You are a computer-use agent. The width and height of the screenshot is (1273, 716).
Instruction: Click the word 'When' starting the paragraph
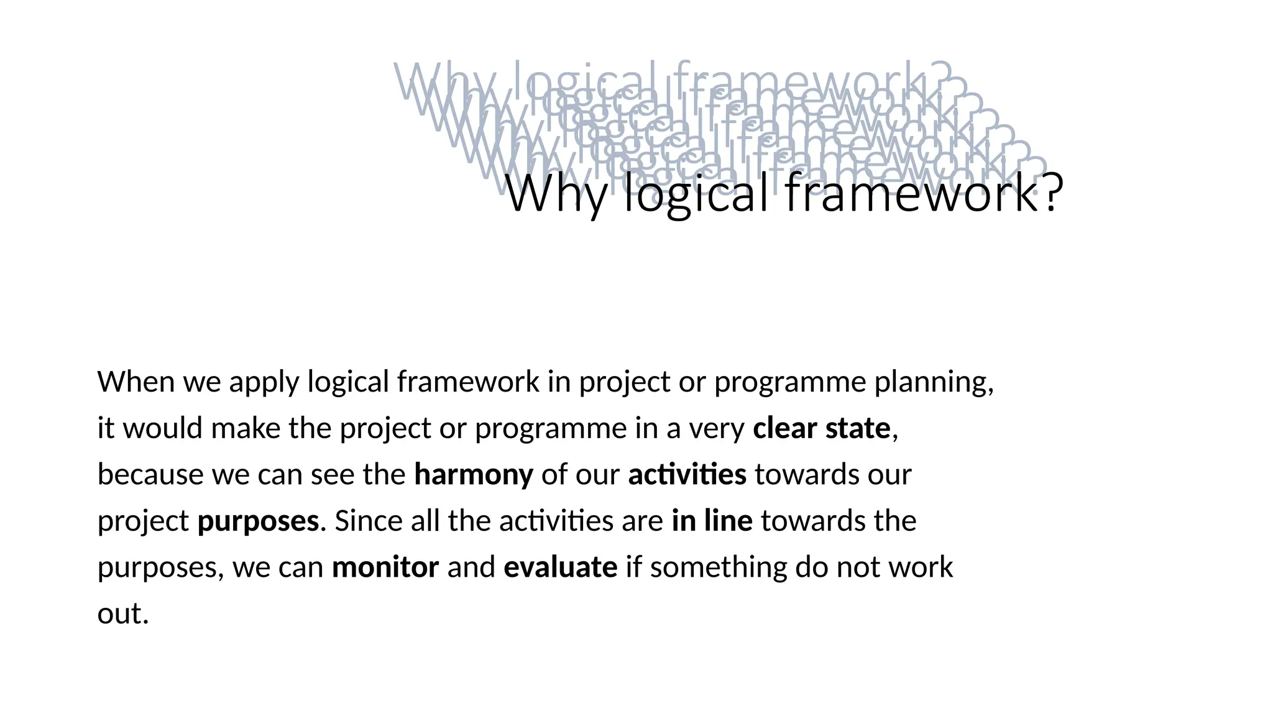[136, 382]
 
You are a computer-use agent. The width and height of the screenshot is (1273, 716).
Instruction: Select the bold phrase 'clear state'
[821, 428]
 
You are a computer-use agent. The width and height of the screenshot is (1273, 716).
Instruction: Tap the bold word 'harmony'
[474, 475]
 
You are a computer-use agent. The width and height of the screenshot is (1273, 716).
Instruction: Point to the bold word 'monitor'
[385, 567]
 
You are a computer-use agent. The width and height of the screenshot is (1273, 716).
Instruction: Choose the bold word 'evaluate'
[560, 567]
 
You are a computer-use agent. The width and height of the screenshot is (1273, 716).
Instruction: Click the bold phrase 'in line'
[712, 521]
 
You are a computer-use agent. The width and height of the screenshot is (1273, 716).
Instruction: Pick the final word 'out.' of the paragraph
[123, 614]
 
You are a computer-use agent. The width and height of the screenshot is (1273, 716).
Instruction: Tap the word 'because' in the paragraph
[150, 475]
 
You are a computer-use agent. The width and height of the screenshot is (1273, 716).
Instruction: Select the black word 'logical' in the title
[696, 194]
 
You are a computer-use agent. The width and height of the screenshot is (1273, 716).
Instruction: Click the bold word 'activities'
[687, 475]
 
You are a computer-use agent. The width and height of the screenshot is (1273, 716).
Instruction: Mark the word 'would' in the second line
[163, 428]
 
